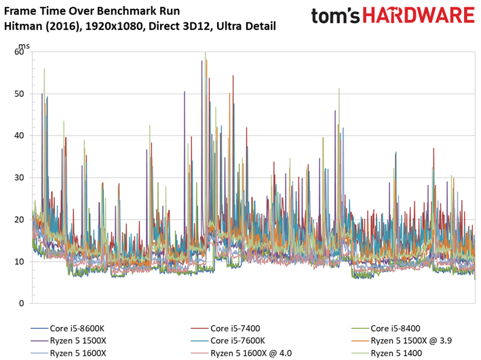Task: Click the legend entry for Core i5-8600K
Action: pos(77,328)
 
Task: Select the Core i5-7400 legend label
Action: pos(235,328)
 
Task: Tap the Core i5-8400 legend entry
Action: pos(395,328)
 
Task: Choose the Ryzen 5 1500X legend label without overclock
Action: pos(78,341)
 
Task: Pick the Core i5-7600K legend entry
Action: pos(237,341)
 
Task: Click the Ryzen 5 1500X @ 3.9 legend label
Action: pos(411,341)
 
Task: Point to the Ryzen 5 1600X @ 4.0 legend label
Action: pos(251,353)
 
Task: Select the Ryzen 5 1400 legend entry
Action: pos(396,353)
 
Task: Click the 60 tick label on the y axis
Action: pos(19,52)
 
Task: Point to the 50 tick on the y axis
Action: pos(19,94)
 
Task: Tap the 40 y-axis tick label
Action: pos(19,136)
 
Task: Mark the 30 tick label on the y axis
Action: pos(19,178)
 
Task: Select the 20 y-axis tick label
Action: pos(19,220)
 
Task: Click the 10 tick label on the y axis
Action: pos(19,262)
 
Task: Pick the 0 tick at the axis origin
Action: pos(22,303)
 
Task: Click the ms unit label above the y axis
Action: pos(24,46)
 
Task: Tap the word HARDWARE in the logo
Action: pos(419,16)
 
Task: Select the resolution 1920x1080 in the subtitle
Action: pos(115,26)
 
